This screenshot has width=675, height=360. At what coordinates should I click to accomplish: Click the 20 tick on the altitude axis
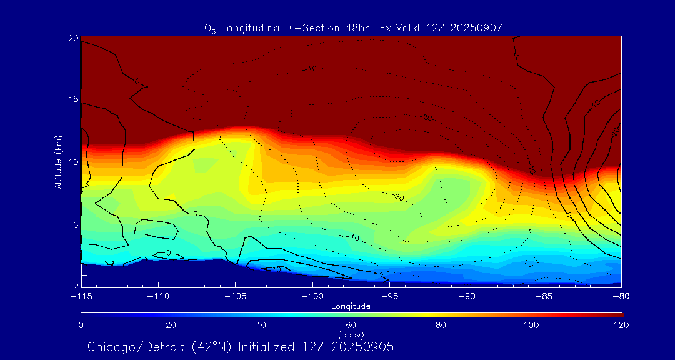coord(73,38)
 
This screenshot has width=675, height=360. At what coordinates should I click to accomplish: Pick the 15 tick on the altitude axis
coord(73,100)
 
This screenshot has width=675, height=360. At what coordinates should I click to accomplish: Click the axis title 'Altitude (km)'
coord(58,162)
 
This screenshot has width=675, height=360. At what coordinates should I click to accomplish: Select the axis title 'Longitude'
coord(351,306)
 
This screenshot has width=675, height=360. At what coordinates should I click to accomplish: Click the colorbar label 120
coord(621,325)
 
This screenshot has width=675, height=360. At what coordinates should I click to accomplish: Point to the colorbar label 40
coord(261,325)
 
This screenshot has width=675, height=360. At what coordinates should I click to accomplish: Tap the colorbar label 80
coord(441,325)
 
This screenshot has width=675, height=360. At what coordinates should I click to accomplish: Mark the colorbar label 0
coord(81,325)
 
